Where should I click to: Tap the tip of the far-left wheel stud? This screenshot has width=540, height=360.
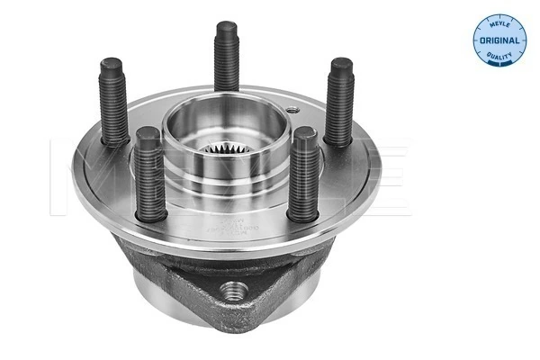point(112,65)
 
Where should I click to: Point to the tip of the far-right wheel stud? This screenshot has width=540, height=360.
point(340,65)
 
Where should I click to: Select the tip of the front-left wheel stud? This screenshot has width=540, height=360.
point(146,136)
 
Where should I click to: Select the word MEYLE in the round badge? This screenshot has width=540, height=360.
point(498,18)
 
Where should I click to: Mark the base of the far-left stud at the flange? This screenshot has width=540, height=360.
point(115,142)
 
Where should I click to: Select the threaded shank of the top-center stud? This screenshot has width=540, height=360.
point(226,63)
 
